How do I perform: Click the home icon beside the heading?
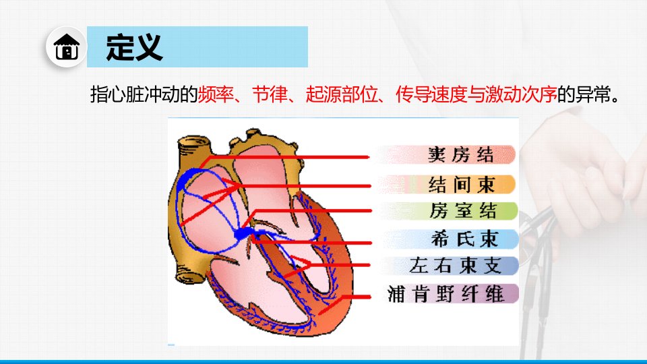(x=66, y=47)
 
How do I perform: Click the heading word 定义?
(x=134, y=47)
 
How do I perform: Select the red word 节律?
(x=270, y=94)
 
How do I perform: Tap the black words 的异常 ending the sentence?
(x=584, y=94)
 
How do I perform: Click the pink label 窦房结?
(x=460, y=155)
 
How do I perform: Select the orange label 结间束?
(x=461, y=184)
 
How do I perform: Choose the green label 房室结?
(x=462, y=210)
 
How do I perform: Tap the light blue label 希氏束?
(x=464, y=239)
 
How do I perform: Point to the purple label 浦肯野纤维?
(x=445, y=294)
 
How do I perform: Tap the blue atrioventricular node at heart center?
(x=243, y=234)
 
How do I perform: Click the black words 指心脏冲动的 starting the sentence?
(x=144, y=94)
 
